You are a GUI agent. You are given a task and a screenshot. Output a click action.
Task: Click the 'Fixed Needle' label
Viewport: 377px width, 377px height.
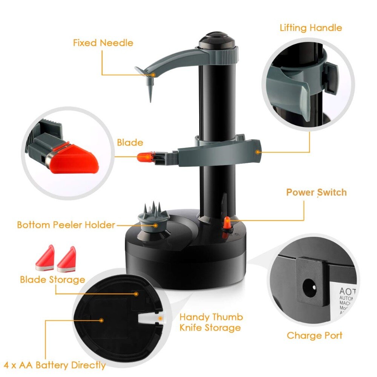(x=103, y=43)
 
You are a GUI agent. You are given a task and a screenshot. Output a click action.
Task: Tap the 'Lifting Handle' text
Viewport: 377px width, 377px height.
(x=311, y=28)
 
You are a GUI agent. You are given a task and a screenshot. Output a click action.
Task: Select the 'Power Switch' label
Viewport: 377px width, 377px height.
(x=316, y=192)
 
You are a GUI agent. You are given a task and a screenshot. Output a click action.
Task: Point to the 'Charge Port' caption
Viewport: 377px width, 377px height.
(x=314, y=336)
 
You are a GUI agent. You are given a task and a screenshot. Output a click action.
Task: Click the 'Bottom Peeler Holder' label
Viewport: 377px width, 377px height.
(x=66, y=225)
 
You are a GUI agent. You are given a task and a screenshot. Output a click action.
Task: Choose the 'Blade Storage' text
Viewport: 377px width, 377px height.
(x=52, y=280)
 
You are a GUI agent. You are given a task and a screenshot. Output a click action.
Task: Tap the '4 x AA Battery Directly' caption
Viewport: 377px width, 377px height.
(x=63, y=365)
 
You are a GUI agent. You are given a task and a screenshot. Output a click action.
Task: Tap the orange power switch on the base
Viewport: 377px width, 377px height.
(x=227, y=224)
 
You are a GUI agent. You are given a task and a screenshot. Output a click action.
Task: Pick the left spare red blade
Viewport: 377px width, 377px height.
(x=46, y=259)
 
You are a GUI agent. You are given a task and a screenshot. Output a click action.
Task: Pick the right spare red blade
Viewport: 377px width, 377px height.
(x=67, y=260)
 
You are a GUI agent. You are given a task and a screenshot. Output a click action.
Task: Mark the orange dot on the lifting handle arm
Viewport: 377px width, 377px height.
(x=258, y=152)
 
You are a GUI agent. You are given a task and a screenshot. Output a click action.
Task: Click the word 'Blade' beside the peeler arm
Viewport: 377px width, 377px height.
(x=130, y=143)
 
